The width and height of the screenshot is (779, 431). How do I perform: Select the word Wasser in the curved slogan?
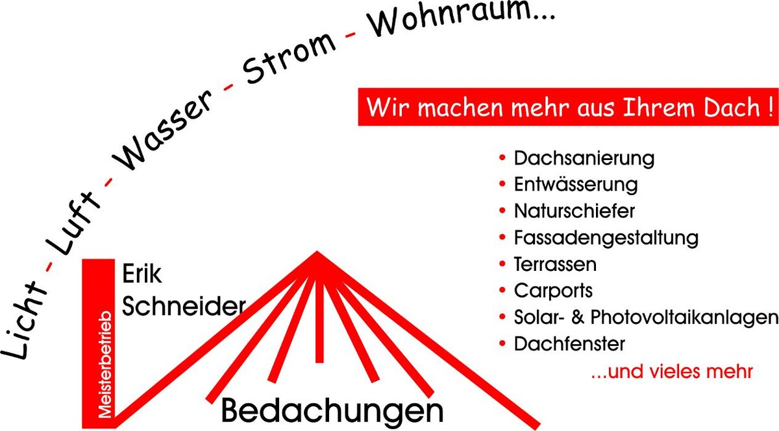tap(162, 130)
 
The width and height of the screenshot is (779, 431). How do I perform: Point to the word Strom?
tap(290, 58)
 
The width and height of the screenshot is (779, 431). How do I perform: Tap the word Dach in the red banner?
tap(732, 108)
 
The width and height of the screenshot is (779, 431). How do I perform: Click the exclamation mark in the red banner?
tap(769, 108)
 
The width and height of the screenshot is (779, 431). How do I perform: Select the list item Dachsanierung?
tap(584, 158)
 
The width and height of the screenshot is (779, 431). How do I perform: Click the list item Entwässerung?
tap(576, 185)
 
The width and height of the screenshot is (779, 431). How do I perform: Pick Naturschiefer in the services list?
tap(575, 211)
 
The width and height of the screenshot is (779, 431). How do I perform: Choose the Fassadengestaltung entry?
tap(606, 239)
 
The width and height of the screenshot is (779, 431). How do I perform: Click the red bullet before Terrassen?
tap(502, 264)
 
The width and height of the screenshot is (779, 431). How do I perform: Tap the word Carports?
tap(553, 291)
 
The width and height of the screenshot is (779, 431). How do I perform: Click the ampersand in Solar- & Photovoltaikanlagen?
tap(578, 317)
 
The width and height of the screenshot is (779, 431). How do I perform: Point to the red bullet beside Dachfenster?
tap(502, 343)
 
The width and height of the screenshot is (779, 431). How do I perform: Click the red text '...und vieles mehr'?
tap(673, 371)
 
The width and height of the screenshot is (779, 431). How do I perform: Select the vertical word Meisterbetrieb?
tap(105, 364)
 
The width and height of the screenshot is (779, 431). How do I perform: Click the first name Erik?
tap(142, 274)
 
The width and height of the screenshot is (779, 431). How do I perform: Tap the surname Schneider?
tap(184, 306)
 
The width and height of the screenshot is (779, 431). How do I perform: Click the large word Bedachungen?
tap(332, 412)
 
